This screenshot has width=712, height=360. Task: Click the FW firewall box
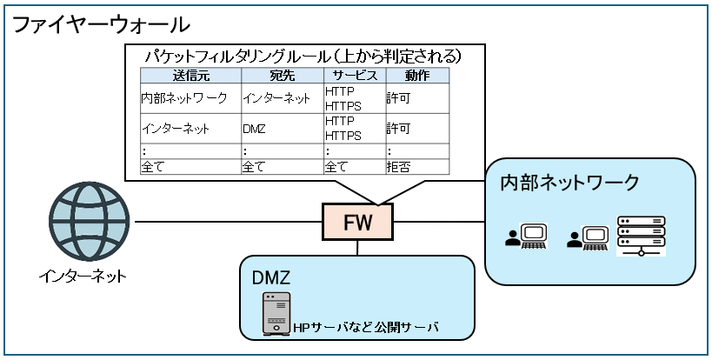pyautogui.click(x=357, y=222)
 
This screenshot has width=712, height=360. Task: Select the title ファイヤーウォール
pyautogui.click(x=101, y=23)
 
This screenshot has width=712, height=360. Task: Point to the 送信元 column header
pyautogui.click(x=190, y=77)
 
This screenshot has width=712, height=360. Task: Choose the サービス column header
pyautogui.click(x=354, y=77)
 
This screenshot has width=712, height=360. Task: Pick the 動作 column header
pyautogui.click(x=416, y=77)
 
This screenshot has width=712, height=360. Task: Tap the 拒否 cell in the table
pyautogui.click(x=400, y=165)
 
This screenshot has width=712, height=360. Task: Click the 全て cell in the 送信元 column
pyautogui.click(x=153, y=165)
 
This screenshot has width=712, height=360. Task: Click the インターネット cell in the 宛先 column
pyautogui.click(x=276, y=98)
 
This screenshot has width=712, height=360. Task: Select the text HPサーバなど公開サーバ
pyautogui.click(x=365, y=328)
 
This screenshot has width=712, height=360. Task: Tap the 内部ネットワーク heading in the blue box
pyautogui.click(x=569, y=183)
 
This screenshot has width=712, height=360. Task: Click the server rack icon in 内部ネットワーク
pyautogui.click(x=641, y=237)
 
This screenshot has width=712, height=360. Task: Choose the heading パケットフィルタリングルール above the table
pyautogui.click(x=304, y=56)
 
